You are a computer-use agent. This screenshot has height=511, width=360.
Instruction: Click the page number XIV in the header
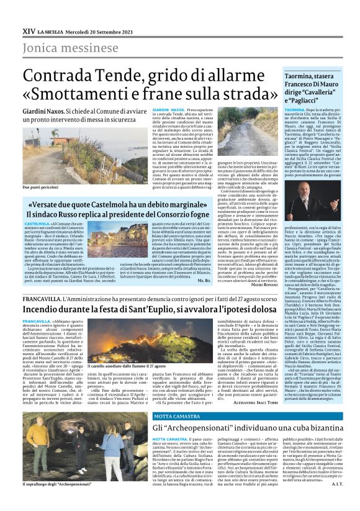[29, 30]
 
